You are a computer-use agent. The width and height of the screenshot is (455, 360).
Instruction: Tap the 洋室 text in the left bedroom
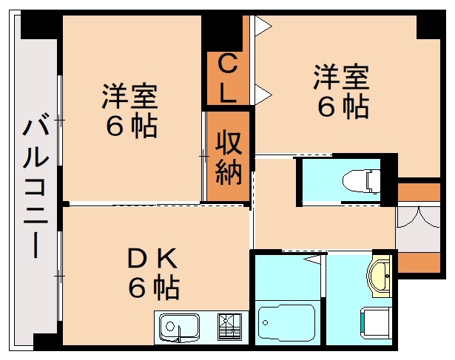coord(129,96)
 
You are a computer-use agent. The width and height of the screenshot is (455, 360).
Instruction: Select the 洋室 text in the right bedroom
coord(341,77)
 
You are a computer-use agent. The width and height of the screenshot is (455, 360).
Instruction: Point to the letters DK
coord(153,259)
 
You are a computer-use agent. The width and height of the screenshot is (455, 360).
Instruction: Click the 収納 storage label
coord(229,157)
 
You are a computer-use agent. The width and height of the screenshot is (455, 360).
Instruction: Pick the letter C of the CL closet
coord(228,66)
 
